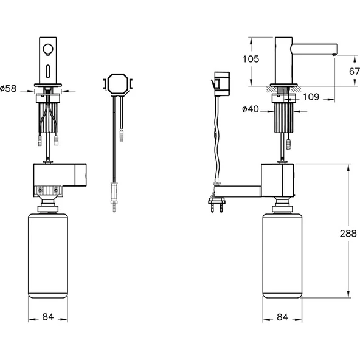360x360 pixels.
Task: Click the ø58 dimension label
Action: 8,89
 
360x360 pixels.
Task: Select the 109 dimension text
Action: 311,96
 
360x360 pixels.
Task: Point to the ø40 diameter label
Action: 251,109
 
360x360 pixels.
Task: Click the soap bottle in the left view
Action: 48,255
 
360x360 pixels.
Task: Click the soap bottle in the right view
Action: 282,255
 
